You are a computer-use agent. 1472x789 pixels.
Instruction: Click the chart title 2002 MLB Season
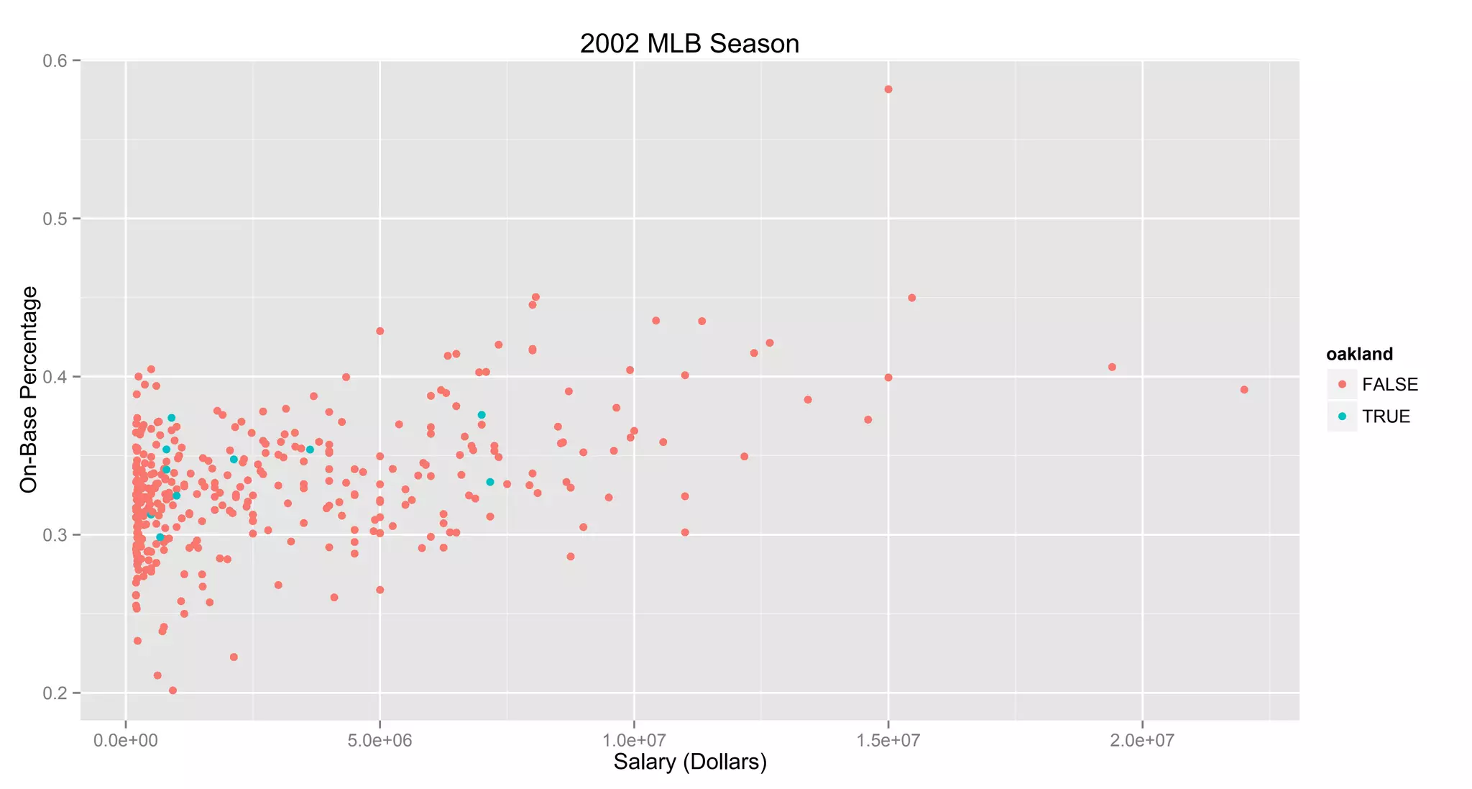coord(689,44)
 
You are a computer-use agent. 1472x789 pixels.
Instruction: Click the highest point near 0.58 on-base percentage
coord(888,89)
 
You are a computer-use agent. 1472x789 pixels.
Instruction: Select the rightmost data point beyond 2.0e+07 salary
coord(1244,390)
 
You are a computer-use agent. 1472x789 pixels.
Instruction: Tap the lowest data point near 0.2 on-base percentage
coord(172,690)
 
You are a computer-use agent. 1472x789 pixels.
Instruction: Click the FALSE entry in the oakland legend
coord(1389,385)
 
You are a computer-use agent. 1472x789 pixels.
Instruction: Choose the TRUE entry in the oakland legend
coord(1386,416)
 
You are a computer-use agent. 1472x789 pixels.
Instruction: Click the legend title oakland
coord(1359,354)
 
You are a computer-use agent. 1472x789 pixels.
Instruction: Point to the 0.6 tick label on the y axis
coord(55,61)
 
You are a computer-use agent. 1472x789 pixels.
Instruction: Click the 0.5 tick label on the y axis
coord(55,219)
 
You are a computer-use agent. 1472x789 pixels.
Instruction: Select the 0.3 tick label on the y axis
coord(55,535)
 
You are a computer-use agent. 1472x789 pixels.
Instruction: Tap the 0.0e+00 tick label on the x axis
coord(126,741)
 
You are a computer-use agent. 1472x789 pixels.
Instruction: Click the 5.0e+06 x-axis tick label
coord(379,741)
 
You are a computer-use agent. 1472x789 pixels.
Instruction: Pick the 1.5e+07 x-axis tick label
coord(888,741)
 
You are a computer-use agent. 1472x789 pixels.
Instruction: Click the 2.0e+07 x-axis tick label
coord(1141,741)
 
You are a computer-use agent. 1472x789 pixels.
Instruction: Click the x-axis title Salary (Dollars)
coord(690,762)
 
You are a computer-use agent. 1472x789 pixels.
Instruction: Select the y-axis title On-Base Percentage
coord(29,389)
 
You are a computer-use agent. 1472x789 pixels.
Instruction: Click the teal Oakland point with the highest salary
coord(489,482)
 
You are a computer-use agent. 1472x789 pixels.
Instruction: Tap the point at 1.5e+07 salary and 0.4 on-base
coord(888,378)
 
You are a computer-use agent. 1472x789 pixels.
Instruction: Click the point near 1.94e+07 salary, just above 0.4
coord(1112,367)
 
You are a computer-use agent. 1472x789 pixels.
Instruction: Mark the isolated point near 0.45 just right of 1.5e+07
coord(912,298)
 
